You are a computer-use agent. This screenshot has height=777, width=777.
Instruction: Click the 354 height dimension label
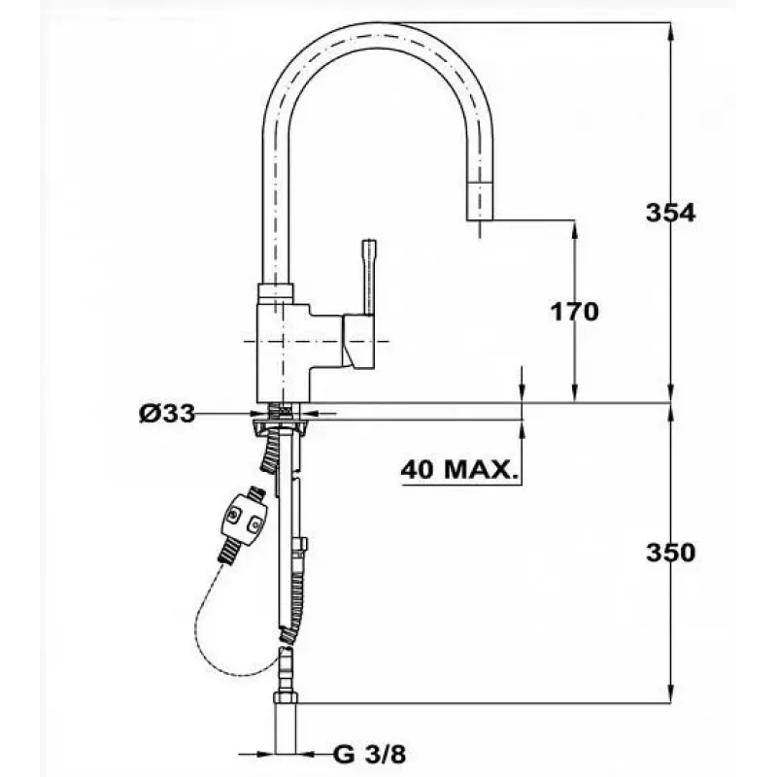(670, 213)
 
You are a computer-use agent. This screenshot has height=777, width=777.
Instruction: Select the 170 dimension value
(575, 312)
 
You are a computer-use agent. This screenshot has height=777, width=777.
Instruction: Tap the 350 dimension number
(670, 553)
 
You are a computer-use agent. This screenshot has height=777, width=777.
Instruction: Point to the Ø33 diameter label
(167, 414)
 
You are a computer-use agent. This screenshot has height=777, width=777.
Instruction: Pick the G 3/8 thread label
(370, 755)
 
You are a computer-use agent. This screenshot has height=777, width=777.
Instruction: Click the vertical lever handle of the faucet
(369, 277)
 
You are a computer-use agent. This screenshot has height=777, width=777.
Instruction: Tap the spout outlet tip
(480, 201)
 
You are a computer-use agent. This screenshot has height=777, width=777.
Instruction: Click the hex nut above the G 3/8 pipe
(286, 697)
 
